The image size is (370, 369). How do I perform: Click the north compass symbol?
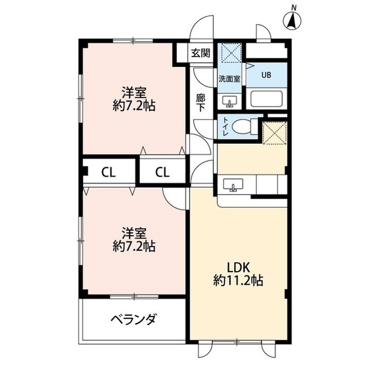[x=293, y=20]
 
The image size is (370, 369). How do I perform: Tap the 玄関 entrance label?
[x=200, y=54]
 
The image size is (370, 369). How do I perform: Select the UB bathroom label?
[x=266, y=74]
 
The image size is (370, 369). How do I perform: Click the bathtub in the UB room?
[x=266, y=99]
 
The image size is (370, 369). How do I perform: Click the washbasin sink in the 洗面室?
[x=230, y=103]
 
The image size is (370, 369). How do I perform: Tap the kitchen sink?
[x=235, y=186]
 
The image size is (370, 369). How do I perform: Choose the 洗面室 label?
[x=230, y=78]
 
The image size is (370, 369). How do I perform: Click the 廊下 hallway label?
[x=200, y=102]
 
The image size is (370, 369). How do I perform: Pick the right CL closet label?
[x=162, y=172]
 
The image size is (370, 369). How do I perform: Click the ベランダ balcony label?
[x=133, y=320]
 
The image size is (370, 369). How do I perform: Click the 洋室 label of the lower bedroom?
[x=134, y=233]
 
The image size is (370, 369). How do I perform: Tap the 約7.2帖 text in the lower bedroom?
[x=134, y=247]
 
